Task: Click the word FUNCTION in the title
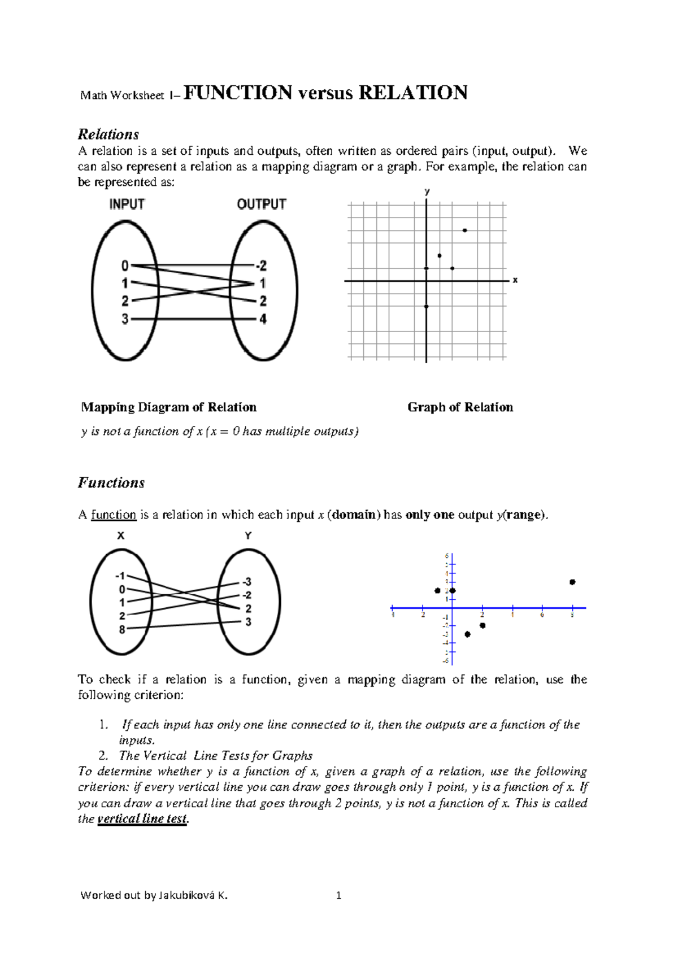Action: pos(238,93)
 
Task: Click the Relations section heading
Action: pos(108,134)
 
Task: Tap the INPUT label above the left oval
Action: pos(127,204)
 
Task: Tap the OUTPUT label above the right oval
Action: pos(262,204)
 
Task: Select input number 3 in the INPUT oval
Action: pos(125,319)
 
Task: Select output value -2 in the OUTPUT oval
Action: pos(262,265)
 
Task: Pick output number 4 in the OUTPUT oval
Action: pos(263,319)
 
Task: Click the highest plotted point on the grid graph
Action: pos(464,230)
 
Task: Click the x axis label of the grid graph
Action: pos(515,280)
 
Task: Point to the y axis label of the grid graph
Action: pos(427,192)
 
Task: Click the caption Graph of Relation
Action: pos(460,407)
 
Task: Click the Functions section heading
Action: pos(111,483)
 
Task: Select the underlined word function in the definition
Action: pos(114,515)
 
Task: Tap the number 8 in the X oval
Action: pos(122,629)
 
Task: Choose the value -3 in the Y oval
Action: pos(246,582)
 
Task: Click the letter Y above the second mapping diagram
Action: pos(248,535)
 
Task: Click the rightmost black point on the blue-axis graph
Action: pos(572,582)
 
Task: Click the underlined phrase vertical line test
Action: pos(142,818)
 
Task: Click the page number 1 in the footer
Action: pos(338,895)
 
